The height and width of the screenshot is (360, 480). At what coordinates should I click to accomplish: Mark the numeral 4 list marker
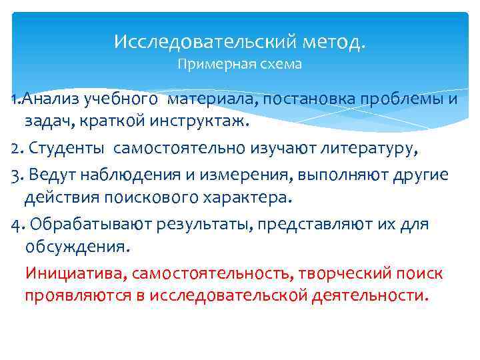pyautogui.click(x=17, y=223)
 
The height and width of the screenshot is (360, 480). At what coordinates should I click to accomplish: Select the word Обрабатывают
pyautogui.click(x=92, y=223)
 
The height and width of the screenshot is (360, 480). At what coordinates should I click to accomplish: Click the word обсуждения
pyautogui.click(x=75, y=247)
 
